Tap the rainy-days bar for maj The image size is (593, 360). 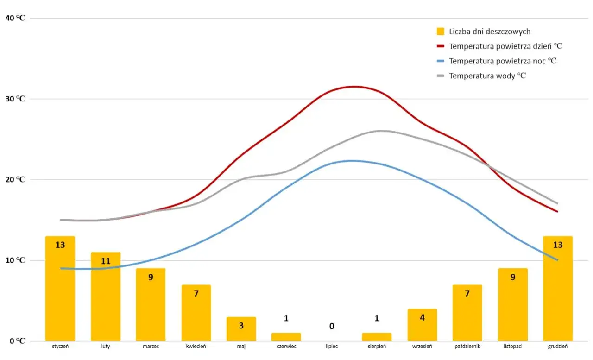(x=241, y=329)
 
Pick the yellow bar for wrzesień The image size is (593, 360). (x=422, y=325)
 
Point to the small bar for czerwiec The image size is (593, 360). (x=286, y=336)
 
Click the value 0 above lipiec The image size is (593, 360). (x=332, y=326)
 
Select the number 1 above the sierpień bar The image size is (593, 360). (x=377, y=318)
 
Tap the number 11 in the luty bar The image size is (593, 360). (x=105, y=261)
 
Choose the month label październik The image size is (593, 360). (x=467, y=347)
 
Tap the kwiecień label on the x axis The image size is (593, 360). (x=196, y=347)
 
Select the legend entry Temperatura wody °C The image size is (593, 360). (x=487, y=76)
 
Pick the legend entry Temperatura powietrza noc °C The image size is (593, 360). (x=503, y=61)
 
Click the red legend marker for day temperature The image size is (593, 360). (x=441, y=46)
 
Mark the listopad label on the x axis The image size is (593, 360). (x=512, y=347)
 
